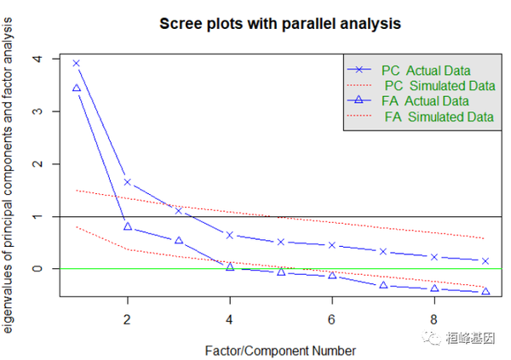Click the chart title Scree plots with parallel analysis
tap(280, 24)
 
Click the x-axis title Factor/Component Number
tap(280, 349)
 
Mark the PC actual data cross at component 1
tap(77, 63)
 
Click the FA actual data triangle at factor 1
tap(77, 88)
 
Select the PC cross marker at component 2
tap(128, 181)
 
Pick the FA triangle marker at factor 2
tap(128, 226)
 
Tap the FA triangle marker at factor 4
tap(230, 266)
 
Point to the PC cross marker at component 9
tap(485, 260)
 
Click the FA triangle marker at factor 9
tap(485, 291)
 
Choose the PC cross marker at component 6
tap(332, 245)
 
